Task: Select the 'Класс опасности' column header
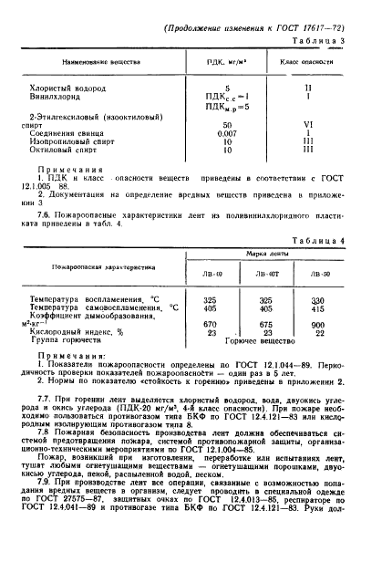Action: (306, 62)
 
